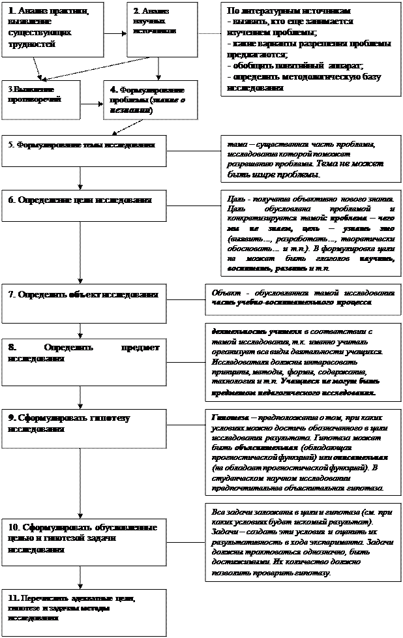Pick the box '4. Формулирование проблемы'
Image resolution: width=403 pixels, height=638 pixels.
coord(150,100)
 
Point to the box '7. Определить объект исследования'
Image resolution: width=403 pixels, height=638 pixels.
coord(83,301)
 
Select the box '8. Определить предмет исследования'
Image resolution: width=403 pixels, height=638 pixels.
coord(83,359)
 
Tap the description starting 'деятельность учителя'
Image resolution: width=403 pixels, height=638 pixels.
coord(303,362)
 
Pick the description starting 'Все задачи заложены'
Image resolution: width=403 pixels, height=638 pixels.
coord(303,542)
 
